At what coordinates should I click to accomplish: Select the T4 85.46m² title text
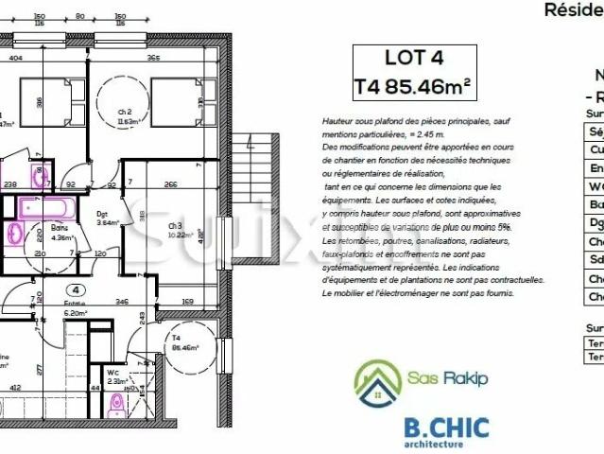coord(412,86)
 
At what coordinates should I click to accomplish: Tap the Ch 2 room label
coord(123,113)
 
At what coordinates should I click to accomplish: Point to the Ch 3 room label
coord(175,225)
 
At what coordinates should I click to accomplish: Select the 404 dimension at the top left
coord(16,59)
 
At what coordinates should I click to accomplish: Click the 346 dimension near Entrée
coord(121,301)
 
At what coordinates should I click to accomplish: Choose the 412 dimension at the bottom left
coord(16,388)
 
